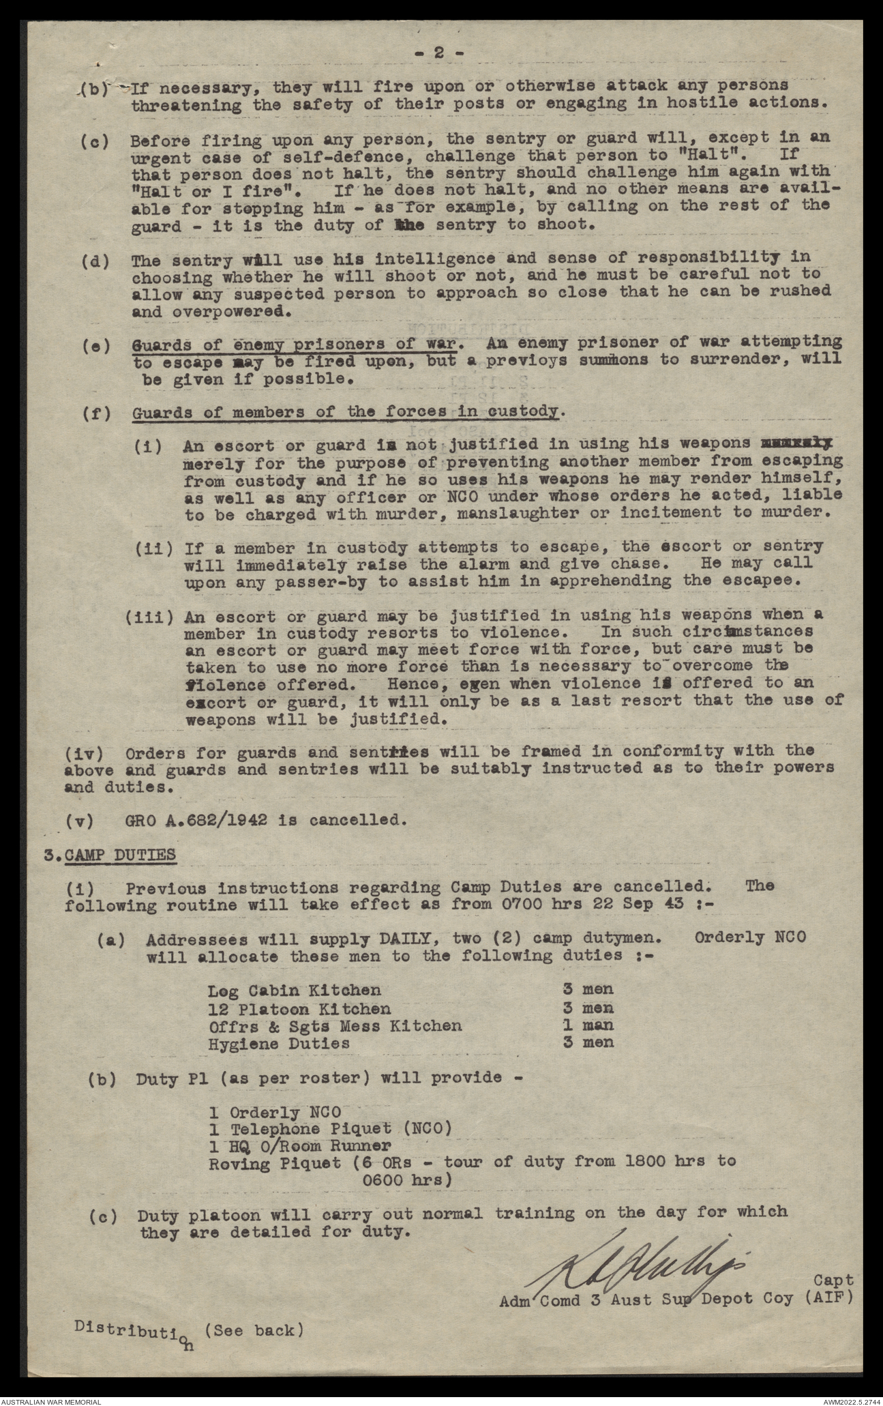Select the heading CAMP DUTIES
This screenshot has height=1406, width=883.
pyautogui.click(x=120, y=854)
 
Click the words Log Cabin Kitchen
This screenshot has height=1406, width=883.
pyautogui.click(x=294, y=990)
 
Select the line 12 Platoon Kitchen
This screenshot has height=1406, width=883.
pyautogui.click(x=299, y=1008)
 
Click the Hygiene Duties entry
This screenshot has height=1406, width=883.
pyautogui.click(x=279, y=1043)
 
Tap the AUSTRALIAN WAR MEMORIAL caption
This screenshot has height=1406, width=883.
pyautogui.click(x=51, y=1399)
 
